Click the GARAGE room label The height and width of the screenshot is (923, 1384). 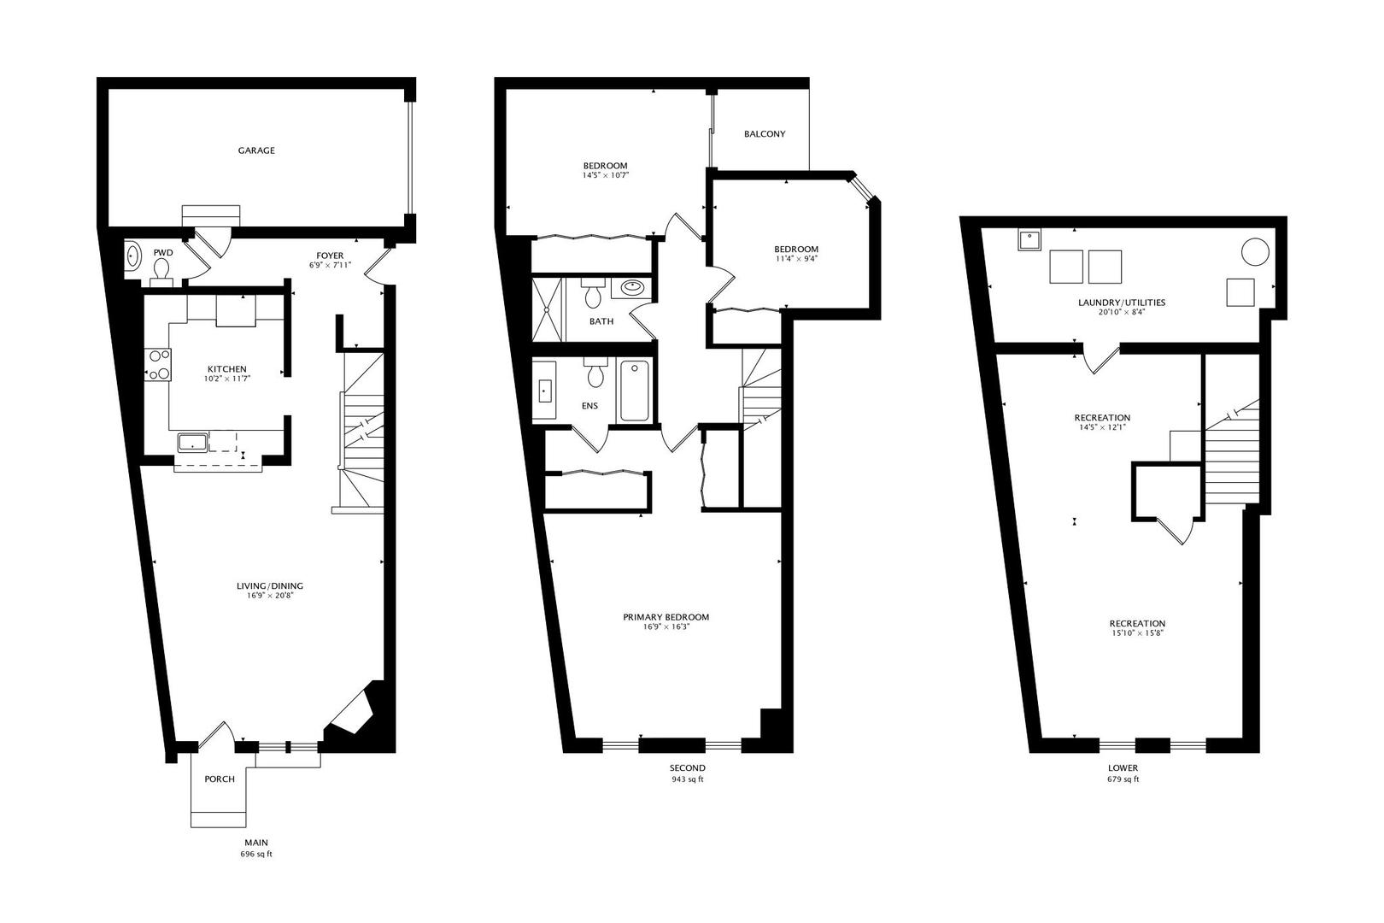point(256,150)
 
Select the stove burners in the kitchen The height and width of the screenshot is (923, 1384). point(158,365)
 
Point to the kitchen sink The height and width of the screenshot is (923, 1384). point(193,443)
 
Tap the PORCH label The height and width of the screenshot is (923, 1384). point(220,779)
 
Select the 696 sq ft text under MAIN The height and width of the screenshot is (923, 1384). point(255,855)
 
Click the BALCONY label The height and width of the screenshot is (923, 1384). point(765,134)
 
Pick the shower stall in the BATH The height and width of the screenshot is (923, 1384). point(548,309)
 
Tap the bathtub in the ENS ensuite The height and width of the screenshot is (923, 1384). point(635,391)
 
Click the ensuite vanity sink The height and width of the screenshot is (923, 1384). point(544,391)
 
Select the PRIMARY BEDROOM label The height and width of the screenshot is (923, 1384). point(666,617)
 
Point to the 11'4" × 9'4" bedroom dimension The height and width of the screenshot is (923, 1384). point(796,259)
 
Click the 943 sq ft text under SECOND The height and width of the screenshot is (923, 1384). point(687,779)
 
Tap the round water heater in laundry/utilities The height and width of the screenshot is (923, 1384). point(1255,252)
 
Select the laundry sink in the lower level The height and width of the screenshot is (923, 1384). point(1029,239)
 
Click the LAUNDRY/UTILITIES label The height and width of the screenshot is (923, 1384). point(1122,303)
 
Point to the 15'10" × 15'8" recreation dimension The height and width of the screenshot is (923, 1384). point(1137,633)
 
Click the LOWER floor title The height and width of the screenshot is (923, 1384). point(1123,767)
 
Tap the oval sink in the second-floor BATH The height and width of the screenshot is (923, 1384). point(632,286)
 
